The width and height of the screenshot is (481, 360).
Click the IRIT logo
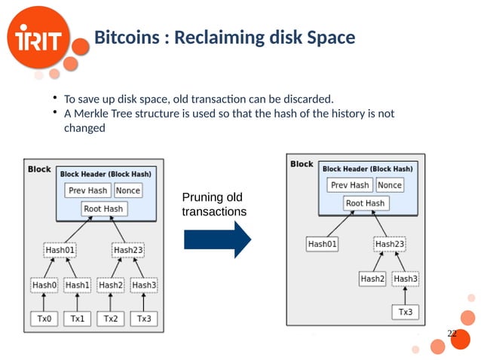42,39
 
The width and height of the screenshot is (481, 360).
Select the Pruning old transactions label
213,204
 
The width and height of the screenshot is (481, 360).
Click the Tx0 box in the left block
44,319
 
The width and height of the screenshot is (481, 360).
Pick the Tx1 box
77,319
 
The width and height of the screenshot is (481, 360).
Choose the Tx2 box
111,319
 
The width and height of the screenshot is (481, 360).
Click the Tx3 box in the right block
405,311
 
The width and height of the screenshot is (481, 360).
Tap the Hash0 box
44,285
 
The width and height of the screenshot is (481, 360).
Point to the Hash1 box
77,285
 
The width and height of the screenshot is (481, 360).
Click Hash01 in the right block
323,244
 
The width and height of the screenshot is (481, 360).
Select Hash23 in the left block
127,249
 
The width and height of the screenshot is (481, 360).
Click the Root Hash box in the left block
103,209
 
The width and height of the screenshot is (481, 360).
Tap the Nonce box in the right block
389,185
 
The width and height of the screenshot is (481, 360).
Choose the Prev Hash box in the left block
88,191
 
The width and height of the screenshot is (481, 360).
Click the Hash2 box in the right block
372,279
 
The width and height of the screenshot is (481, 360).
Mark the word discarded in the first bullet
308,99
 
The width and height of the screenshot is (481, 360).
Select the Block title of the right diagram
302,164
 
